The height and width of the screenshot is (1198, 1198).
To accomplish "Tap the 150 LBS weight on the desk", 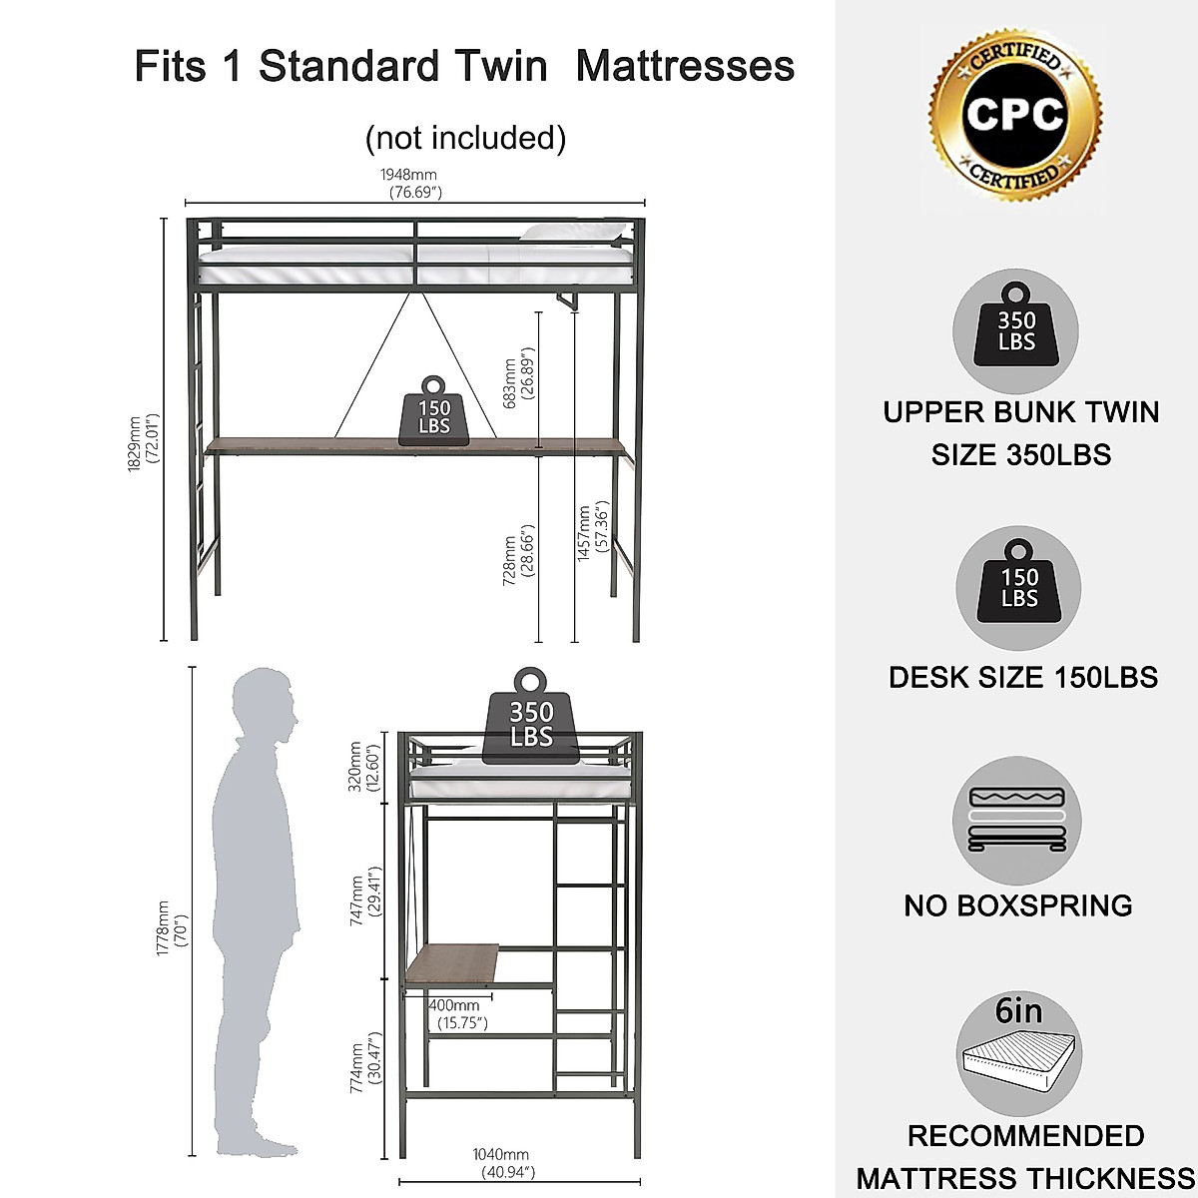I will [434, 410].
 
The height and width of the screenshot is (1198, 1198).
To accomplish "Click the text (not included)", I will [465, 137].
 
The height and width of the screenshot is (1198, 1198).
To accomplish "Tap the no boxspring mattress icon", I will [1017, 820].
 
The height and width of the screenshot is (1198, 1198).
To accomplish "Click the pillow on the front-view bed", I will [569, 233].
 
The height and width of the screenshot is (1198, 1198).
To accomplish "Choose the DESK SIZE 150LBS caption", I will [1022, 677].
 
